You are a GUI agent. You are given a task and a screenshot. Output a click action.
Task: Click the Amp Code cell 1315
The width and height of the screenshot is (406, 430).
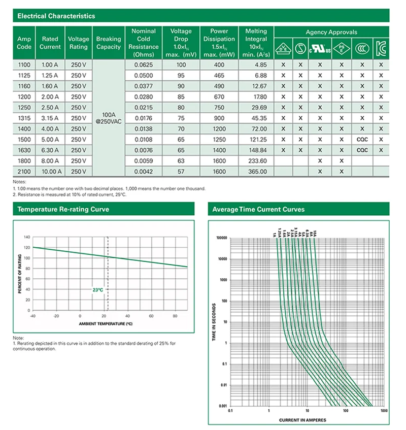pos(24,118)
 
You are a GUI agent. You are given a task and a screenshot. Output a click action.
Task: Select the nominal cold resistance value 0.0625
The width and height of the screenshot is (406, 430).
pos(143,65)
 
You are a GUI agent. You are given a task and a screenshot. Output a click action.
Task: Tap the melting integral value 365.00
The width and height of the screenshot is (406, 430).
pos(256,171)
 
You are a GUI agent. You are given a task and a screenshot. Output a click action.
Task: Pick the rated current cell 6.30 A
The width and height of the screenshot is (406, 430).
pos(50,150)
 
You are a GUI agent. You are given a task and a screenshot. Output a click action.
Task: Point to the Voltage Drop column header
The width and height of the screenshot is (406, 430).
pos(181,43)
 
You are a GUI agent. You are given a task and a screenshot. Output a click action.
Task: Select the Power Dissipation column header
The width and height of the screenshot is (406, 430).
pos(219,43)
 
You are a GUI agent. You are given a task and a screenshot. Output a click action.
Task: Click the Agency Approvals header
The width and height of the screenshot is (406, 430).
pos(331,32)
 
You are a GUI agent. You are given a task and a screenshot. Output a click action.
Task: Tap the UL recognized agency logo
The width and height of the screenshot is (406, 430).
pos(321,50)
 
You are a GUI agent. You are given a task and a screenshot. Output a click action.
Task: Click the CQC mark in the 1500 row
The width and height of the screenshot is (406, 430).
pos(362,139)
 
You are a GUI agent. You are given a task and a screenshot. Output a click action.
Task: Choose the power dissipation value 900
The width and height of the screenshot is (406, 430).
pos(219,118)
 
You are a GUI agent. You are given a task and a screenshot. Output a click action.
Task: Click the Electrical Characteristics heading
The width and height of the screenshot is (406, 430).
pos(56,16)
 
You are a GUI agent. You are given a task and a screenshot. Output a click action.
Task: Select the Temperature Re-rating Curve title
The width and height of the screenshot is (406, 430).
pos(63,209)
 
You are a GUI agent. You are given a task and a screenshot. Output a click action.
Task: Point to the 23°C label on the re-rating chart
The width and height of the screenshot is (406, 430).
pos(97,290)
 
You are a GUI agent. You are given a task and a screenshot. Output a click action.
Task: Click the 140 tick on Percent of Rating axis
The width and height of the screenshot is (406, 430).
pos(27,237)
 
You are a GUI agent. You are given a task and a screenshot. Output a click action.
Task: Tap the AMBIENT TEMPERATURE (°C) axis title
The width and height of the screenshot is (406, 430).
pos(106,323)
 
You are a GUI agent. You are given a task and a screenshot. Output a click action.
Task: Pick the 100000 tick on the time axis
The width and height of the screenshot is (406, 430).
pos(222,238)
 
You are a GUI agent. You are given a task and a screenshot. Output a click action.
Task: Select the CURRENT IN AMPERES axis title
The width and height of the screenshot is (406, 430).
pos(302,420)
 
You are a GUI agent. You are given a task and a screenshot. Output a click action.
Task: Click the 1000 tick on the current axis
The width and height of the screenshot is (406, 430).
pos(384,410)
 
